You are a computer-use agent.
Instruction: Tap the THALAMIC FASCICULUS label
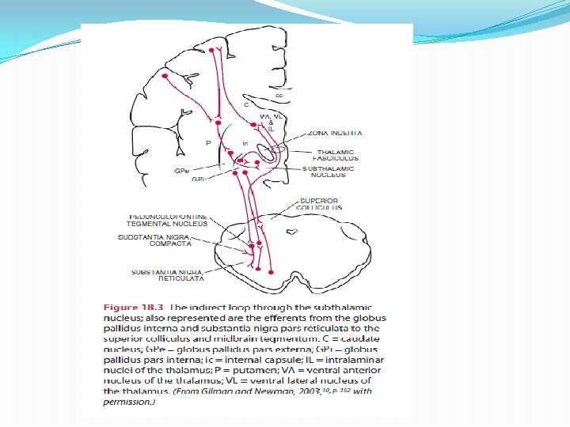pyautogui.click(x=335, y=155)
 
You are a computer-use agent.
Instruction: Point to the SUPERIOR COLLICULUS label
pyautogui.click(x=320, y=204)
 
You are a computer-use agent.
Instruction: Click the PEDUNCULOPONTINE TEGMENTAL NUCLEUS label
pyautogui.click(x=167, y=220)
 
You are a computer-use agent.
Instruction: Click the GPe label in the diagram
pyautogui.click(x=182, y=170)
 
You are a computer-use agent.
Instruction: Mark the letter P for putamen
pyautogui.click(x=207, y=144)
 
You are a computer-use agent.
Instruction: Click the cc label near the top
pyautogui.click(x=279, y=95)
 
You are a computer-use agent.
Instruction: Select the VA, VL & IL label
pyautogui.click(x=270, y=122)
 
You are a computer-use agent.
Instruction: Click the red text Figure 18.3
pyautogui.click(x=129, y=307)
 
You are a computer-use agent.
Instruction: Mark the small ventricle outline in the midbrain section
pyautogui.click(x=292, y=232)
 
